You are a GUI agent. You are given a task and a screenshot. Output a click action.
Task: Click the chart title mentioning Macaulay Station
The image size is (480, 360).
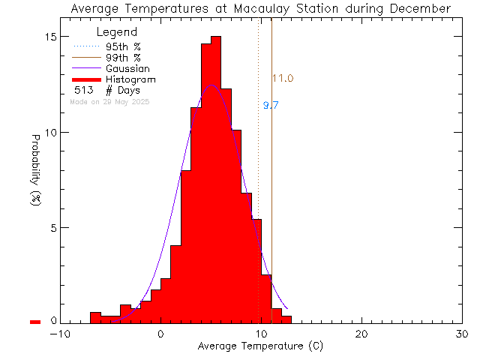261,8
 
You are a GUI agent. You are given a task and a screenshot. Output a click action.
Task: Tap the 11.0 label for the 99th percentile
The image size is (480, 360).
282,79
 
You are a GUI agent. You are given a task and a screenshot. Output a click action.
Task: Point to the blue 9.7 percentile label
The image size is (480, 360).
271,106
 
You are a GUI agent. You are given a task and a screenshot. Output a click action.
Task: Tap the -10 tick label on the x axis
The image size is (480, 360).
59,334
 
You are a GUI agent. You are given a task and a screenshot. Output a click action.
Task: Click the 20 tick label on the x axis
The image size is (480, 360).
361,334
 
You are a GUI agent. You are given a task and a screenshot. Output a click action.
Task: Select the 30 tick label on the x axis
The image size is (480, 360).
462,334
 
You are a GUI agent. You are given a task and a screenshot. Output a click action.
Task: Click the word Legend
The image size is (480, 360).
118,32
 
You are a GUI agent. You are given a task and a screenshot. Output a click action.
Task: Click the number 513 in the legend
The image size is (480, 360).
83,91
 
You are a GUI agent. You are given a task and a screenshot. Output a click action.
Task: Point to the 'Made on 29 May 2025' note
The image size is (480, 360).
109,101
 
